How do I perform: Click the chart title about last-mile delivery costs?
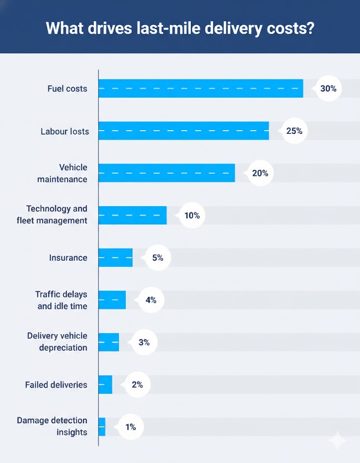(180, 28)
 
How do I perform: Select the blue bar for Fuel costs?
(201, 89)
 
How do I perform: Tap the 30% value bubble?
(328, 89)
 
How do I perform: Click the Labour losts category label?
(65, 132)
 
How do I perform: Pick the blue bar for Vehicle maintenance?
(166, 173)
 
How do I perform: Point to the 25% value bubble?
(294, 131)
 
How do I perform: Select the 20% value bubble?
(260, 173)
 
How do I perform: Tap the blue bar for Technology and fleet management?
(133, 216)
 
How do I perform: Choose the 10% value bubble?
(192, 216)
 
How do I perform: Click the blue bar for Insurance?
(115, 258)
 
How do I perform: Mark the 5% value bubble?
(157, 258)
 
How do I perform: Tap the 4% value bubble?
(151, 300)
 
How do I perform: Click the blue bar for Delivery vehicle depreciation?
(109, 342)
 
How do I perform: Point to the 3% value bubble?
(144, 342)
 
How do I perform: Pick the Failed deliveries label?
(56, 385)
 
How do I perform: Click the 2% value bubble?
(137, 385)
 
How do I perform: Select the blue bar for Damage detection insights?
(102, 427)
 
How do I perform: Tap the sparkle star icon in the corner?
(337, 441)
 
